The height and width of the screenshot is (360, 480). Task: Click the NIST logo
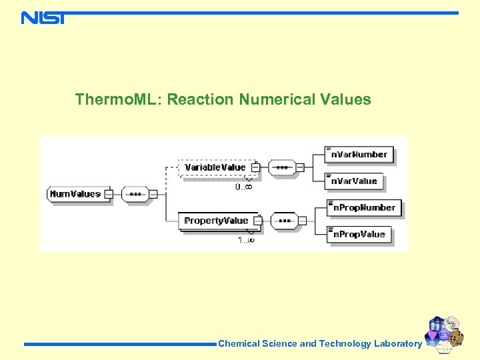point(43,18)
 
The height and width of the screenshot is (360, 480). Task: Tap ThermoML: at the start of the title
point(118,100)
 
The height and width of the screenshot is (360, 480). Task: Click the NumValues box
point(75,194)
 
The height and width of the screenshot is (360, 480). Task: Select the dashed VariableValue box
point(215,167)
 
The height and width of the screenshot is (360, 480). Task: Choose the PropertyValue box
point(216,221)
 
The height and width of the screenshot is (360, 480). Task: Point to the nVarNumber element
point(359,155)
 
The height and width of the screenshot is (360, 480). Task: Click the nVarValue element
point(354,181)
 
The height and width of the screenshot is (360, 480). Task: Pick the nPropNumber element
point(363,208)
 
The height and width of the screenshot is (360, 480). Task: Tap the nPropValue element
point(358,234)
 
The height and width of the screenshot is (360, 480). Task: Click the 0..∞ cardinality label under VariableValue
point(244,187)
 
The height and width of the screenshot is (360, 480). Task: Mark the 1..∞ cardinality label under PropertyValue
point(246,240)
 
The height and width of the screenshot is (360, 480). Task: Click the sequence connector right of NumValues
point(135,194)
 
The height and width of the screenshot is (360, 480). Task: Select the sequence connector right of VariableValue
point(282,167)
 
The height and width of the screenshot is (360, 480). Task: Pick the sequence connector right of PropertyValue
point(285,221)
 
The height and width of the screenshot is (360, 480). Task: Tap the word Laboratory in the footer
point(397,344)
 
